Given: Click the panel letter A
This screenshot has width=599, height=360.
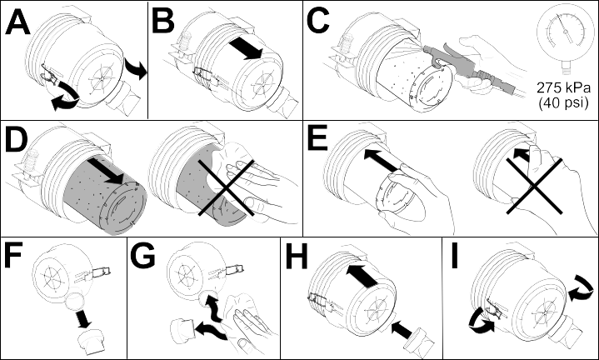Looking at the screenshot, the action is click(x=17, y=22).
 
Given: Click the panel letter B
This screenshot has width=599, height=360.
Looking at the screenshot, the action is click(x=163, y=21).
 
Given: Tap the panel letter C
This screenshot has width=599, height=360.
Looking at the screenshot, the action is click(x=318, y=21).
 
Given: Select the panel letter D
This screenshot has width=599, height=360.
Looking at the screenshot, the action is click(x=17, y=141).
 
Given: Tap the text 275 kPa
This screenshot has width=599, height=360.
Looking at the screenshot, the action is click(x=563, y=88).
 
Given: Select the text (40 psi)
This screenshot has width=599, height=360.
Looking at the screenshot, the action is click(x=563, y=102).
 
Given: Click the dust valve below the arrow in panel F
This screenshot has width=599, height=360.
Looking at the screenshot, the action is click(x=92, y=342).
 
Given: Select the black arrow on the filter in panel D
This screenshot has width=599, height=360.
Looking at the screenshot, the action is click(x=106, y=171).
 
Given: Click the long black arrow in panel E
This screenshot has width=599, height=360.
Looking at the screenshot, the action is click(x=382, y=160).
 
